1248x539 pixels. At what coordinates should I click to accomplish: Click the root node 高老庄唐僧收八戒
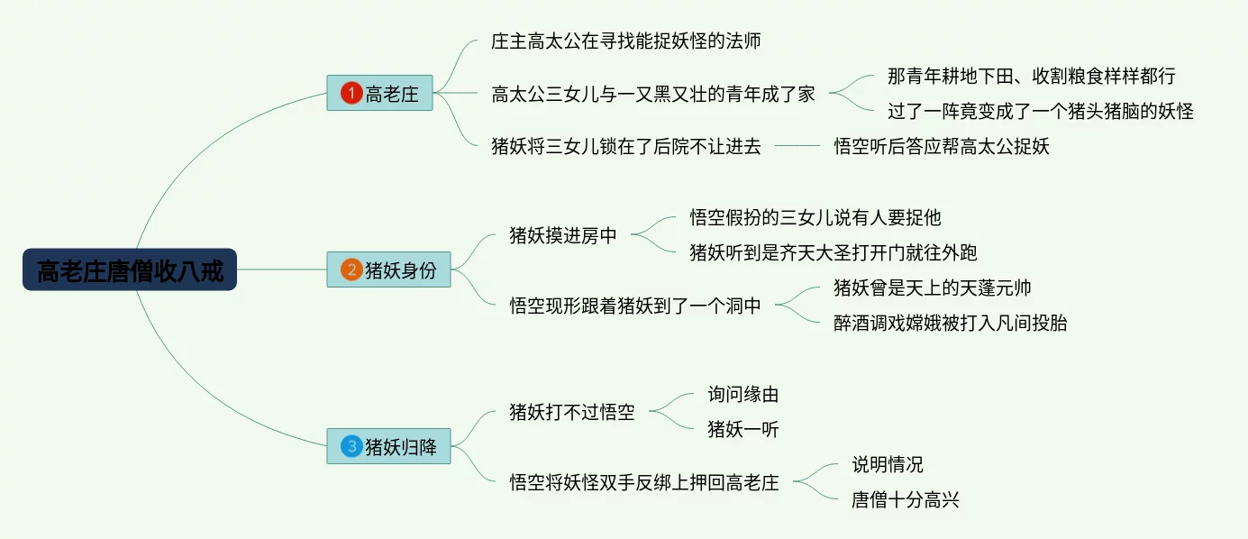click(x=130, y=269)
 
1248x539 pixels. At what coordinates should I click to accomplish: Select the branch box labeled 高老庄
click(x=380, y=93)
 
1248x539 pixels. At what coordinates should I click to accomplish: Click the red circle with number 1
click(x=351, y=93)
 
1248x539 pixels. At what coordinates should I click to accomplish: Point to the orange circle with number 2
click(x=351, y=269)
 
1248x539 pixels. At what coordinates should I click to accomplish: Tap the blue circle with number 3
click(x=351, y=446)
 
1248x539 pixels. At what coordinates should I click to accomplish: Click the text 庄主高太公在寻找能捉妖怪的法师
click(x=628, y=41)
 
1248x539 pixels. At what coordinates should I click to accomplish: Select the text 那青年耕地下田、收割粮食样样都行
click(x=1031, y=76)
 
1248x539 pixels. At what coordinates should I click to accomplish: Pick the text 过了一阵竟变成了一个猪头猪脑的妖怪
click(x=1040, y=111)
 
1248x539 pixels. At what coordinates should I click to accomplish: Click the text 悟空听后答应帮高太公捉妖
click(x=942, y=146)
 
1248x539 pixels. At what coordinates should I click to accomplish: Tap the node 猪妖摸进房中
click(x=563, y=235)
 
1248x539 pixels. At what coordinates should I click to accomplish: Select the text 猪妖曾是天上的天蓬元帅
click(x=933, y=288)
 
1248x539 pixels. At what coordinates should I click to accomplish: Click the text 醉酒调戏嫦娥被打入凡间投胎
click(x=951, y=323)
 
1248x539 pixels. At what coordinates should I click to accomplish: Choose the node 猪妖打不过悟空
click(x=572, y=412)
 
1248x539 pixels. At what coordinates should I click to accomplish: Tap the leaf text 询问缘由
click(x=743, y=394)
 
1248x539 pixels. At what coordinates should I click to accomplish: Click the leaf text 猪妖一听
click(x=743, y=429)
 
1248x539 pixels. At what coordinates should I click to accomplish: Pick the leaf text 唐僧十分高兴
click(x=906, y=499)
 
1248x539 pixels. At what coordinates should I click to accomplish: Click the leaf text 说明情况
click(x=888, y=464)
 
